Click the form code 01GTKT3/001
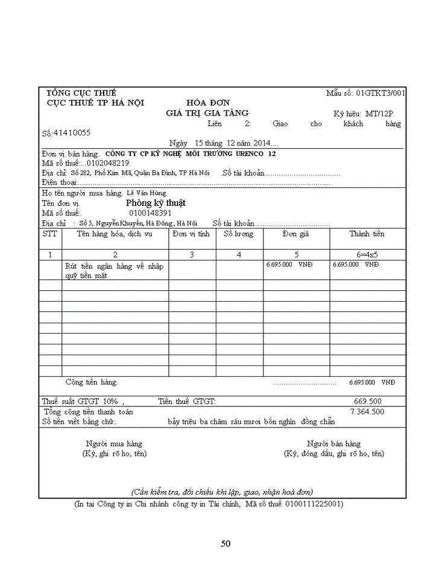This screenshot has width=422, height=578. tap(380, 93)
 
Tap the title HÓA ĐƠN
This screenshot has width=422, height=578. tap(207, 103)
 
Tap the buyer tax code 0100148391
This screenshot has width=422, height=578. tap(150, 213)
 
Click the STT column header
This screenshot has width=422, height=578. tap(50, 234)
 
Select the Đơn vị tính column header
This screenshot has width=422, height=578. tap(191, 234)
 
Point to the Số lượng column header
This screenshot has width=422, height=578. tap(239, 234)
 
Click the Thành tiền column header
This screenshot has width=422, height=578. tap(367, 234)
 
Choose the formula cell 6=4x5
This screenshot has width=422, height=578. tap(367, 255)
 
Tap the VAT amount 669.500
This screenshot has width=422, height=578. tap(367, 402)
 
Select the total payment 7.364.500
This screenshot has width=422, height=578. tap(367, 412)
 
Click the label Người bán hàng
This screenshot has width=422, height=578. tap(333, 444)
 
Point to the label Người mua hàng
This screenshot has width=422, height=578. tap(114, 444)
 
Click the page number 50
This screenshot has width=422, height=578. tap(225, 544)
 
